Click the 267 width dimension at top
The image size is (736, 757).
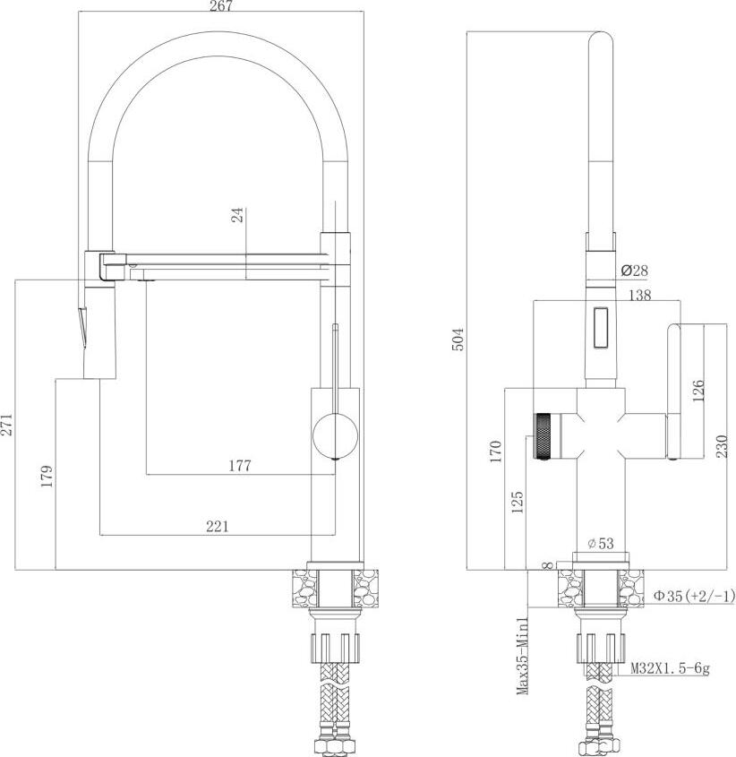(x=221, y=5)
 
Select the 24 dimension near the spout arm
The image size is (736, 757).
(x=237, y=214)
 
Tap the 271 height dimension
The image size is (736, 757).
(x=7, y=425)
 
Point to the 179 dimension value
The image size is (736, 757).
(x=47, y=476)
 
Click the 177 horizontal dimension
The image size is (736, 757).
(x=240, y=466)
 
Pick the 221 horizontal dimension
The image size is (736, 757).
(x=218, y=526)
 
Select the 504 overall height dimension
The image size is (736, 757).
(x=458, y=340)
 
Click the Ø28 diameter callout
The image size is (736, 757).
(x=634, y=271)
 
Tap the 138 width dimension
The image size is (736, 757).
(x=640, y=295)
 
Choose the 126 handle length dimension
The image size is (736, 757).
(x=698, y=391)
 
